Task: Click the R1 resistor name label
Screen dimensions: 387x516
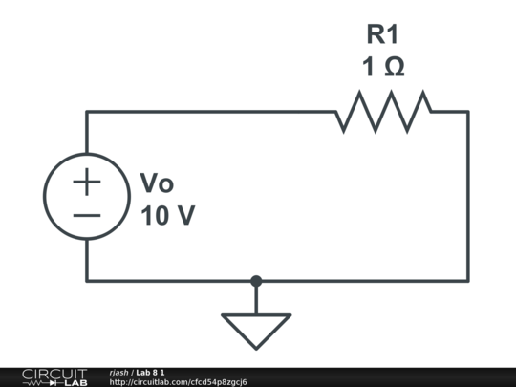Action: coord(382,35)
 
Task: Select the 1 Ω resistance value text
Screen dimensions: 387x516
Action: coord(382,69)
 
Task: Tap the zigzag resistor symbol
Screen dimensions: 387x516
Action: coord(382,112)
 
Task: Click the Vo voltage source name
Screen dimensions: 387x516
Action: coord(157,183)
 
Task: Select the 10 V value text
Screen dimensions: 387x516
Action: coord(167,216)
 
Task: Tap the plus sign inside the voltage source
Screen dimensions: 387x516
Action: coord(87,181)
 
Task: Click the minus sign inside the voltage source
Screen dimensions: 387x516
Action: coord(87,215)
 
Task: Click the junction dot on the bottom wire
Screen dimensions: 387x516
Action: coord(256,281)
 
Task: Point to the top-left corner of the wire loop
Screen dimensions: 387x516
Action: coord(87,112)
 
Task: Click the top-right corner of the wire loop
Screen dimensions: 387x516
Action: coord(467,112)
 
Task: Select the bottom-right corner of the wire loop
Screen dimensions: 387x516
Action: coord(467,281)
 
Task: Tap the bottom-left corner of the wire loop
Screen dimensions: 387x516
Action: coord(87,281)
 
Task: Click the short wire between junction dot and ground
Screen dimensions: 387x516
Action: coord(256,298)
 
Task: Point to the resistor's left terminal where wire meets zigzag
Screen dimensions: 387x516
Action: coord(336,112)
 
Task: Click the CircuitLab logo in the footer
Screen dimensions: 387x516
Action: coord(54,376)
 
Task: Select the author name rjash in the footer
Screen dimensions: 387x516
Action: coord(119,372)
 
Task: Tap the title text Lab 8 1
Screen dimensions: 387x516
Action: coord(151,372)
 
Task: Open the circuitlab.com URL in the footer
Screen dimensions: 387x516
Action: coord(178,382)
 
